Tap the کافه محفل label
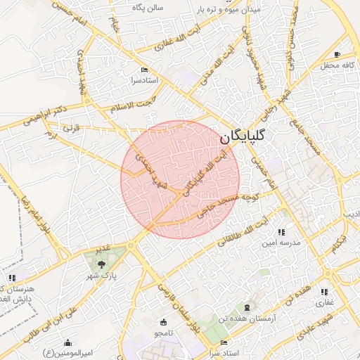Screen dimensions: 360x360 (x=336, y=65)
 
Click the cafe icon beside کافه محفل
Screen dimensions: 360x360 (x=337, y=55)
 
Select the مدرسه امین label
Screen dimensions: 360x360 (x=277, y=243)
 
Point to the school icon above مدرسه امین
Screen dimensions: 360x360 (x=281, y=232)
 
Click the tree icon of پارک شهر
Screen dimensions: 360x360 (x=103, y=264)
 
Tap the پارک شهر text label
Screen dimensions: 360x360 (x=101, y=275)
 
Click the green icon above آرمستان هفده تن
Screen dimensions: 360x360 (x=246, y=308)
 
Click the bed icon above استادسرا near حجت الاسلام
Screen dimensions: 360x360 (x=145, y=70)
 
